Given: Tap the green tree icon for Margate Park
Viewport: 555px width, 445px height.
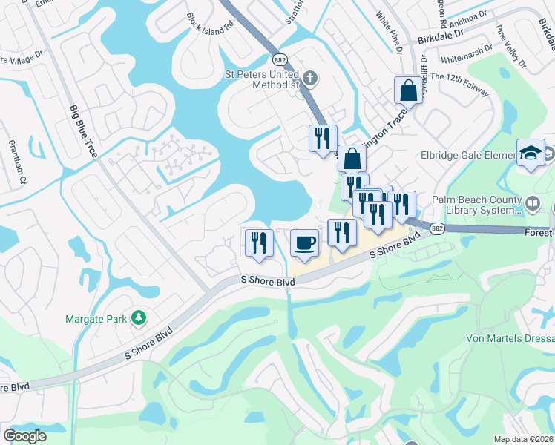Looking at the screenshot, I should (138, 318).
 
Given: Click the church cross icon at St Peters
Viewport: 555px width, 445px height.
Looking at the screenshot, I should (311, 77).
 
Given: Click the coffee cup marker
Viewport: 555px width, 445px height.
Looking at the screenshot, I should (303, 243).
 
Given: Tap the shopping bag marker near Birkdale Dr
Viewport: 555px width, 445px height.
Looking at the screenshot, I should (407, 91).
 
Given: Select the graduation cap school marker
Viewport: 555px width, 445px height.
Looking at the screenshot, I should (531, 153).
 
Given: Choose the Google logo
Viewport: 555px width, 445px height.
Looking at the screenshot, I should (25, 436).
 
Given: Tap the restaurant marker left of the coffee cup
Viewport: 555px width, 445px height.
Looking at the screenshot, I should (259, 243).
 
